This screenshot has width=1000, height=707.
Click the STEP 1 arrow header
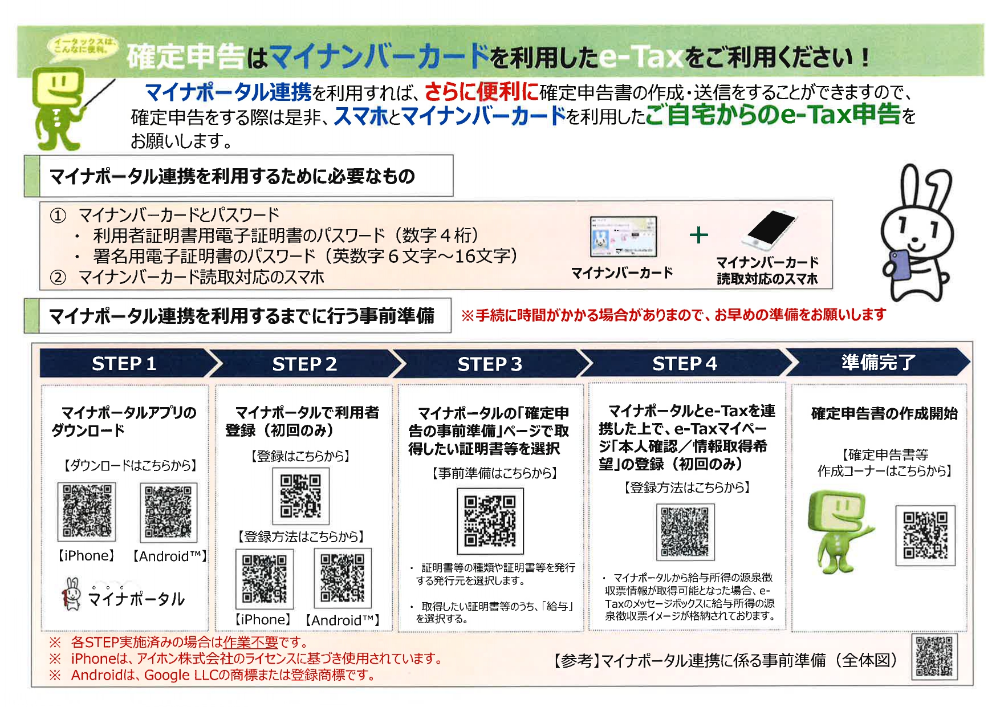(124, 363)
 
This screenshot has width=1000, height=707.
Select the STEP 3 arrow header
(489, 364)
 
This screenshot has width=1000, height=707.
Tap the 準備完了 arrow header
(878, 362)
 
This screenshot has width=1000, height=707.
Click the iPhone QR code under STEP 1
(87, 511)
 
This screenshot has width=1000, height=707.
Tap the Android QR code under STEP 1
(168, 512)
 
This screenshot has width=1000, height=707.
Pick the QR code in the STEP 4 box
(685, 531)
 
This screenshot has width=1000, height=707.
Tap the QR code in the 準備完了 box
(925, 535)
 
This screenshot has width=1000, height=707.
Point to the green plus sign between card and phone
(698, 235)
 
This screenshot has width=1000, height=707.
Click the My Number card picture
(623, 237)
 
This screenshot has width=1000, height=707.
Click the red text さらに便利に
(481, 91)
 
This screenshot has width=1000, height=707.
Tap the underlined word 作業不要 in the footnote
(250, 643)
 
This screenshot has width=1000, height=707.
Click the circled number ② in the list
(58, 278)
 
